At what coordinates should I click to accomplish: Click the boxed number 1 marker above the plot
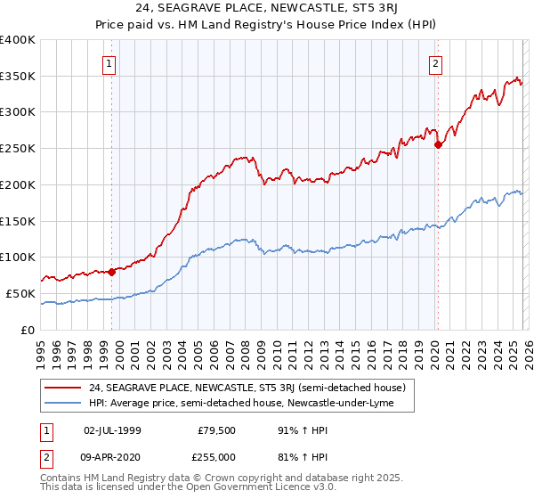pyautogui.click(x=109, y=63)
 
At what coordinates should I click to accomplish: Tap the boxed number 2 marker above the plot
pyautogui.click(x=435, y=63)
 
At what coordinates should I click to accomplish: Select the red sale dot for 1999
pyautogui.click(x=111, y=272)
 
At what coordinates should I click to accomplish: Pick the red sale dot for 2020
pyautogui.click(x=438, y=144)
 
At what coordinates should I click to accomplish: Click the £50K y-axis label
pyautogui.click(x=20, y=293)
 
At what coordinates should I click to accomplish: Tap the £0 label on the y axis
pyautogui.click(x=28, y=330)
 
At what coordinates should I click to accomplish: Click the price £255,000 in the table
pyautogui.click(x=217, y=457)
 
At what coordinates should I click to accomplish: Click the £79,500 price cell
pyautogui.click(x=217, y=430)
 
